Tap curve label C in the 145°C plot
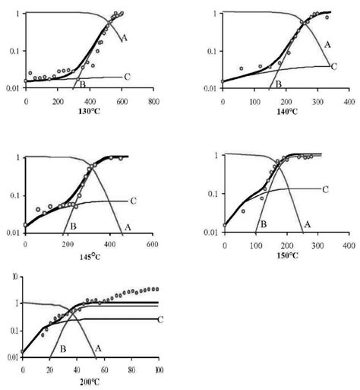point(132,201)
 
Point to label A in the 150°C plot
point(308,224)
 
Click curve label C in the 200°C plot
point(160,319)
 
